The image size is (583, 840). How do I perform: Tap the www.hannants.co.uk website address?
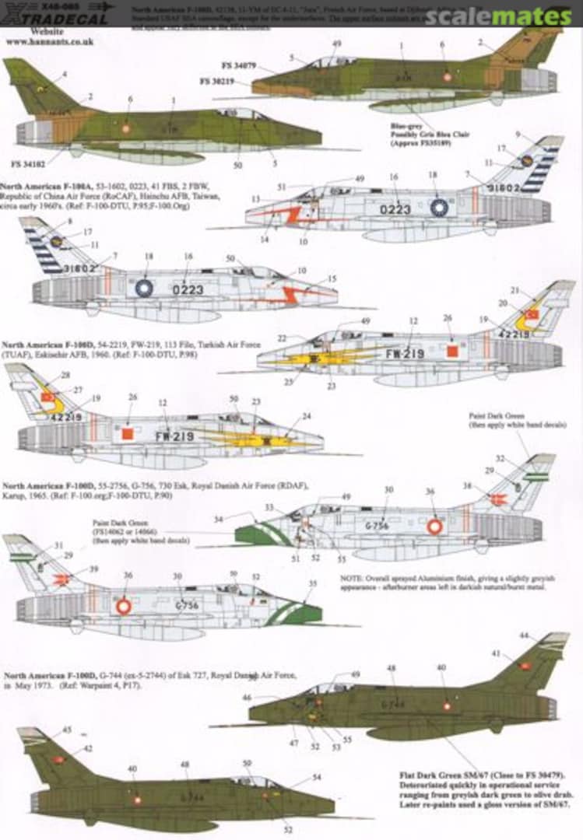[x=49, y=41]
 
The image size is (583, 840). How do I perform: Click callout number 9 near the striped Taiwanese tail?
[x=518, y=134]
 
